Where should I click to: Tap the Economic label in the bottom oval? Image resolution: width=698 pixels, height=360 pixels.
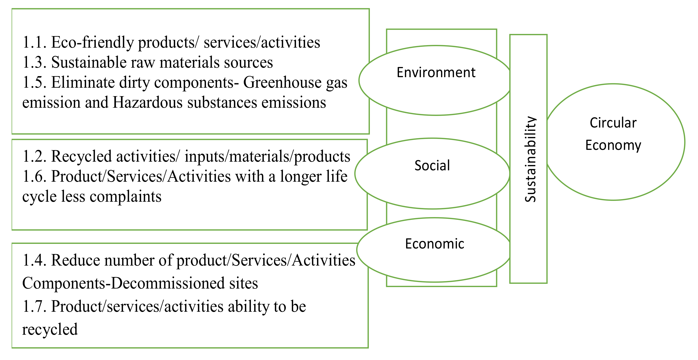coord(434,243)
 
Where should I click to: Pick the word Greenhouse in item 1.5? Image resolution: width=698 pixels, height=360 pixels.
coord(282,82)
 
